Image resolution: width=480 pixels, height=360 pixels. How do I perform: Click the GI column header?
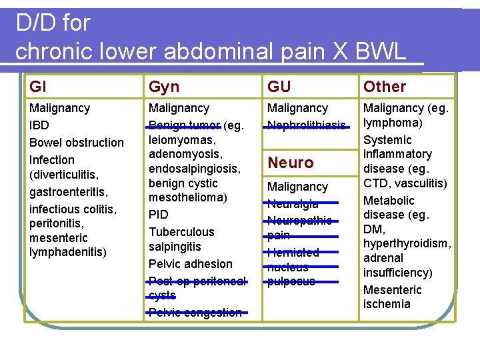click(38, 86)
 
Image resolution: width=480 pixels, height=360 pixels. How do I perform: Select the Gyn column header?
click(164, 86)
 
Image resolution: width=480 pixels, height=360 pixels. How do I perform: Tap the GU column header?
click(279, 86)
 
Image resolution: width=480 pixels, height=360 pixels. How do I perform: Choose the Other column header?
click(384, 86)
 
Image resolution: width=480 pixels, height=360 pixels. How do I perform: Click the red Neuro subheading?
click(291, 162)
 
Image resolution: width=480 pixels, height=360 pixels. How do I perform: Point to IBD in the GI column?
click(39, 125)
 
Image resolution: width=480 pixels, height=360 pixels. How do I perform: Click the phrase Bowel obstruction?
click(77, 142)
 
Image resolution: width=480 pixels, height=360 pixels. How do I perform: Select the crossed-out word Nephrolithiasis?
click(307, 125)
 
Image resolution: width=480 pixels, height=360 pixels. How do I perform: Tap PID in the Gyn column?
click(159, 215)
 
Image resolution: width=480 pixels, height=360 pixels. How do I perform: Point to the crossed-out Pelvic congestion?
click(195, 312)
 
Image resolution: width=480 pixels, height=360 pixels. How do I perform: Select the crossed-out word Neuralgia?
click(293, 204)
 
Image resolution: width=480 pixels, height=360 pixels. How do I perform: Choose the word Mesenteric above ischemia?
click(393, 290)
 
